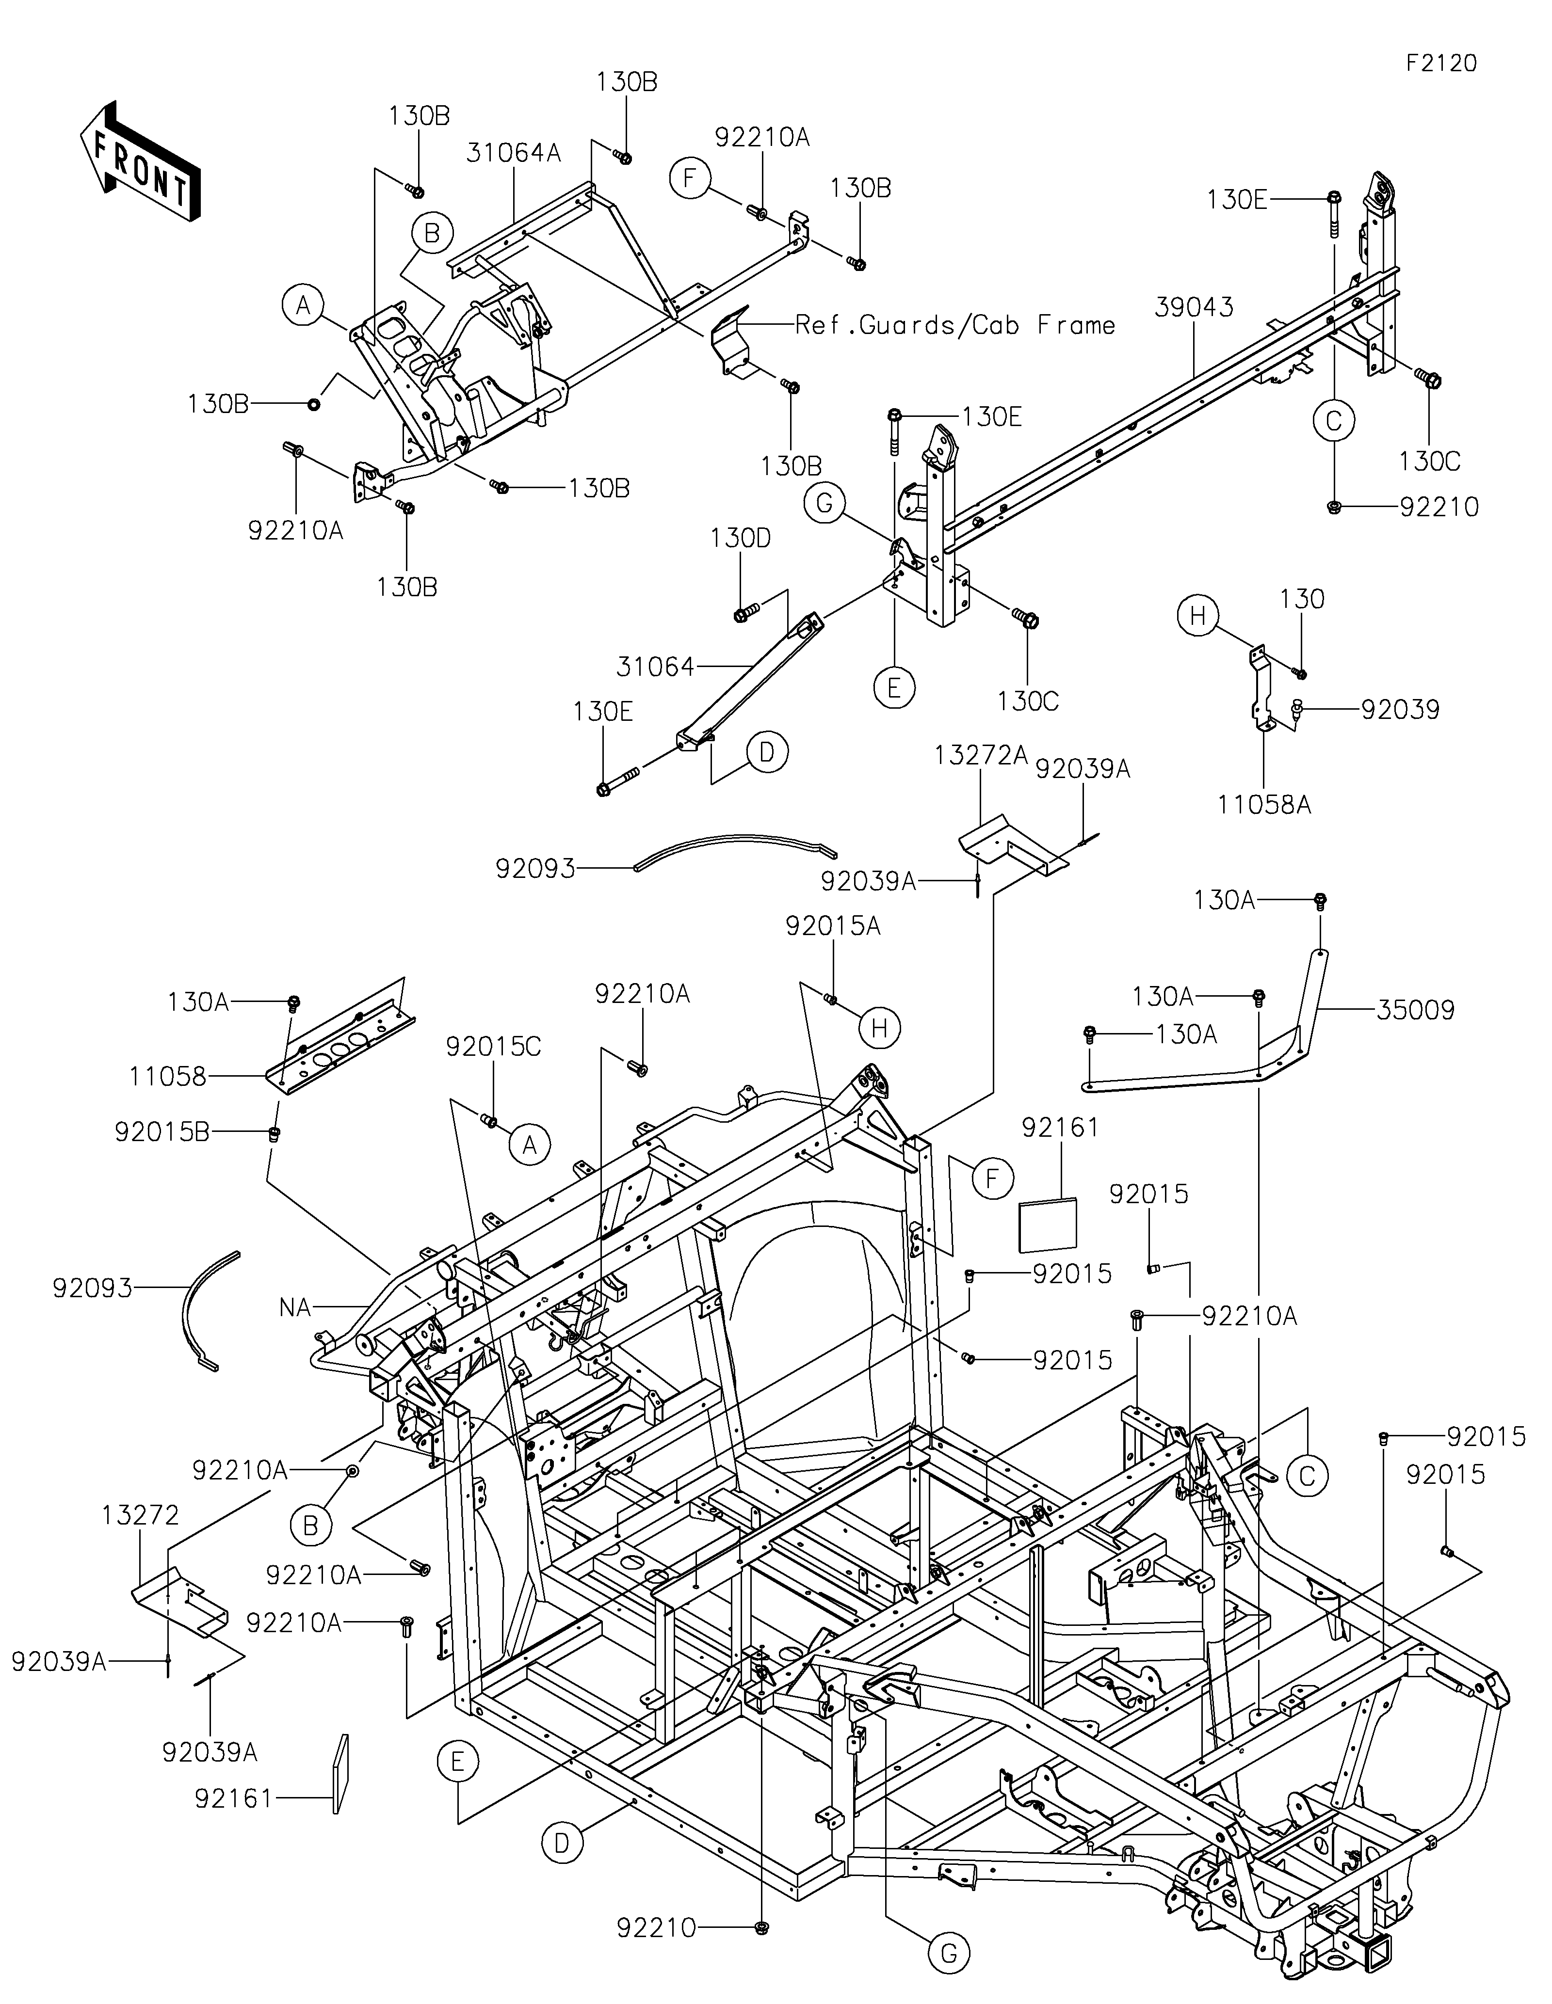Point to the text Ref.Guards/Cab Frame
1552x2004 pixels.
[954, 325]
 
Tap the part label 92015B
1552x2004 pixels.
[162, 1132]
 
